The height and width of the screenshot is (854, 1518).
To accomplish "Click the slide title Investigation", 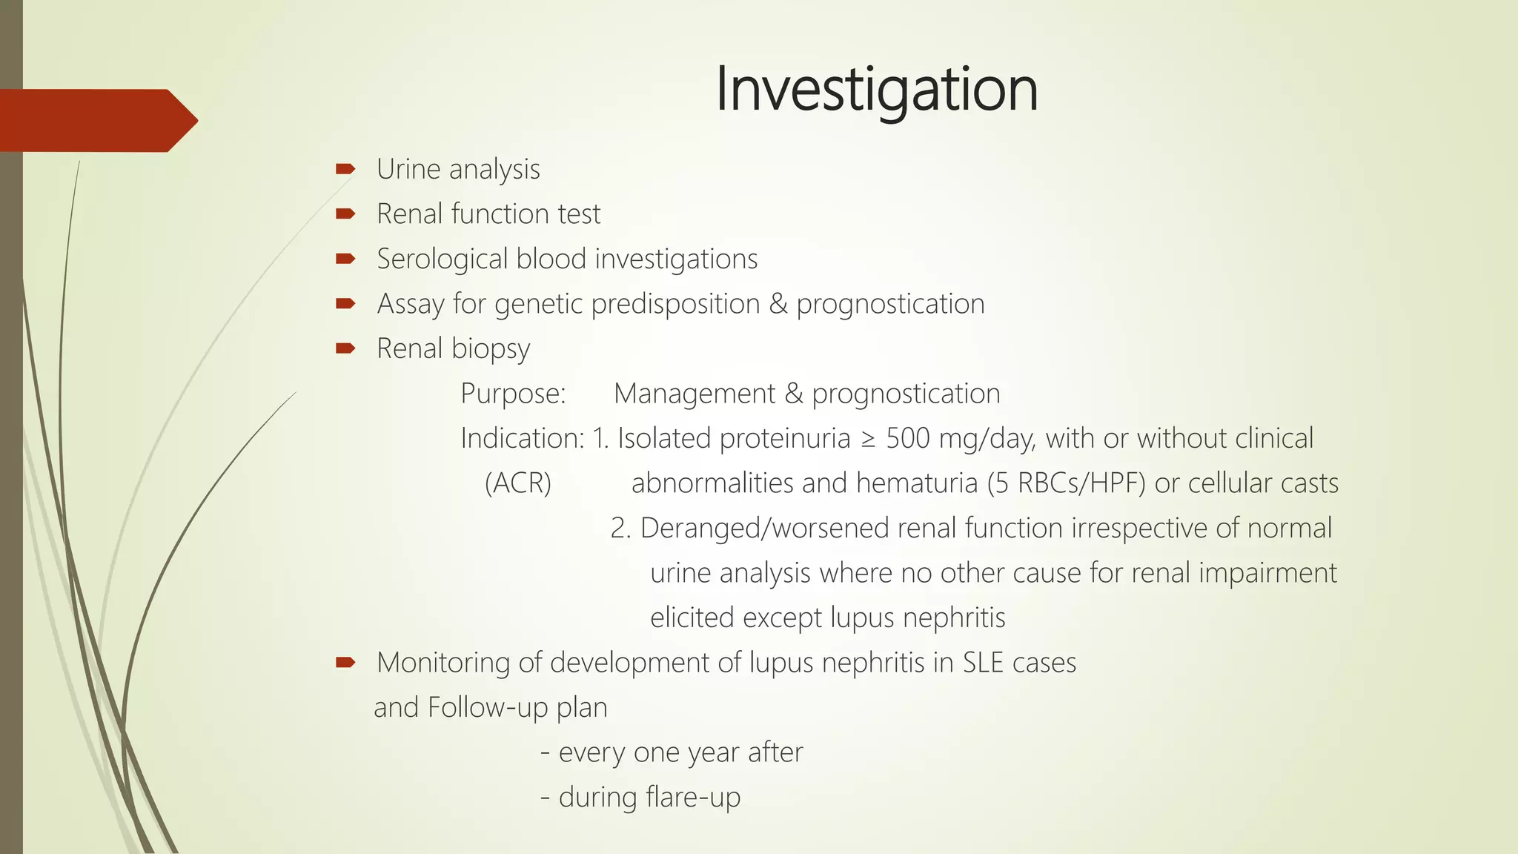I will tap(876, 89).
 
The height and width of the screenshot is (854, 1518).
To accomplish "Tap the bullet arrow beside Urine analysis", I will tap(345, 169).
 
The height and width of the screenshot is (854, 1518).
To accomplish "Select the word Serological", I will tap(443, 259).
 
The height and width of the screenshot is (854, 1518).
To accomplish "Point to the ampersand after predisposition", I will tap(778, 304).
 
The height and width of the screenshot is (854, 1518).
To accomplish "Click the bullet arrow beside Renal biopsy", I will tap(345, 348).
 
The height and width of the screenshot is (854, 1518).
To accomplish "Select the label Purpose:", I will tap(513, 394).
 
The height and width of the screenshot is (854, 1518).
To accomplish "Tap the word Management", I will tap(694, 394).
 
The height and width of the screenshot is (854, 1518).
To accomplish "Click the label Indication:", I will tap(523, 438).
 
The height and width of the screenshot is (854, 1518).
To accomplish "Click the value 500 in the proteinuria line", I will tap(908, 438).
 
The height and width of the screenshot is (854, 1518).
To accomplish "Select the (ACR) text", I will tap(518, 483).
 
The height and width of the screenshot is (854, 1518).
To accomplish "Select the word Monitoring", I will tap(443, 663).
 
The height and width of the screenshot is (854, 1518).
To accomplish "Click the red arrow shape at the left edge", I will tap(96, 120).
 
